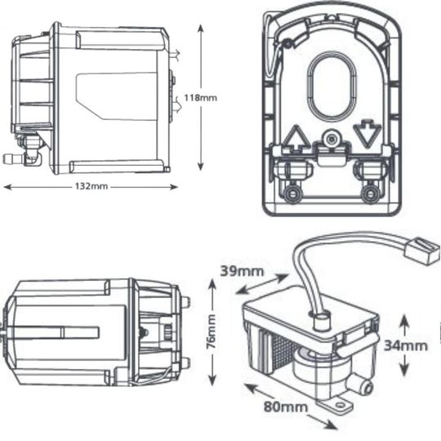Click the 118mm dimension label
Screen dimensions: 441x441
pyautogui.click(x=201, y=98)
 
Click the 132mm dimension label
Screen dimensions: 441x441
pyautogui.click(x=91, y=186)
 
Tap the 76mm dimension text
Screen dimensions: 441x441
pyautogui.click(x=211, y=332)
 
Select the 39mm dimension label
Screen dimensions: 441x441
pyautogui.click(x=243, y=271)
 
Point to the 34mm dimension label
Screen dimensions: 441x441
pyautogui.click(x=406, y=345)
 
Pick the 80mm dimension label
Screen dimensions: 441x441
pyautogui.click(x=286, y=407)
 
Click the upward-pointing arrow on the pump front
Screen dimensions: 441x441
pyautogui.click(x=296, y=138)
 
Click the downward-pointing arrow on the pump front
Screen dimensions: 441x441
pyautogui.click(x=367, y=134)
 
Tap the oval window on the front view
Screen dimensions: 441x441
pyautogui.click(x=332, y=87)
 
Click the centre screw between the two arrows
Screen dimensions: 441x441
pyautogui.click(x=332, y=139)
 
